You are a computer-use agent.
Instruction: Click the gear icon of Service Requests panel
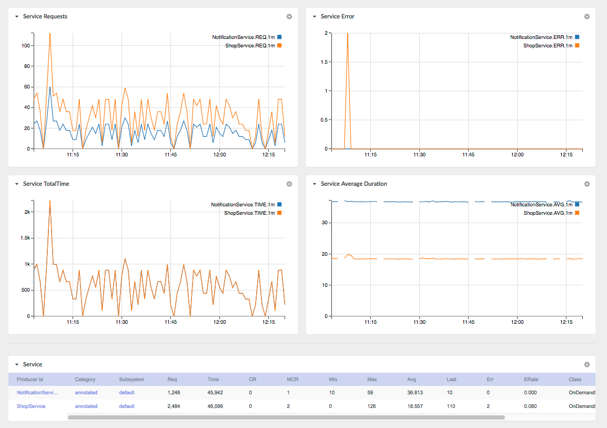pyautogui.click(x=289, y=17)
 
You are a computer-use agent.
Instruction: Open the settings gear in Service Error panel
pyautogui.click(x=587, y=17)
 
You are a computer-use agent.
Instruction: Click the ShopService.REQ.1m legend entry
pyautogui.click(x=253, y=46)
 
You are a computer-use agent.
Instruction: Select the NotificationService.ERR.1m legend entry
pyautogui.click(x=544, y=37)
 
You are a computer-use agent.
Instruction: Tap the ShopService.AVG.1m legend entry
pyautogui.click(x=551, y=213)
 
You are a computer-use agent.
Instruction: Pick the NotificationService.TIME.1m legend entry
pyautogui.click(x=246, y=204)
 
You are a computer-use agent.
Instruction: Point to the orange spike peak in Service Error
pyautogui.click(x=348, y=34)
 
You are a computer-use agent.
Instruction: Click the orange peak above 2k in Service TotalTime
pyautogui.click(x=50, y=202)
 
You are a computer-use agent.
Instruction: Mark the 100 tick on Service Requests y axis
pyautogui.click(x=26, y=46)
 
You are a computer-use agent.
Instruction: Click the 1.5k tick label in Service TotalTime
pyautogui.click(x=25, y=238)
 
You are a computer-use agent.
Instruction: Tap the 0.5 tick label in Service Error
pyautogui.click(x=324, y=120)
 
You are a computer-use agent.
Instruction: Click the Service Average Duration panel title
pyautogui.click(x=354, y=184)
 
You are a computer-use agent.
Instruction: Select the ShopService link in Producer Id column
pyautogui.click(x=31, y=406)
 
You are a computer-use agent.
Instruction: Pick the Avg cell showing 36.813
pyautogui.click(x=415, y=392)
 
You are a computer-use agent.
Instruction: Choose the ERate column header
pyautogui.click(x=531, y=380)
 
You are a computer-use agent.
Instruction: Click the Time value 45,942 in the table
pyautogui.click(x=215, y=392)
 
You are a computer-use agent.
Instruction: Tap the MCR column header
pyautogui.click(x=292, y=380)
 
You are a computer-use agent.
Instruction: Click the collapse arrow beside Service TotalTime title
pyautogui.click(x=17, y=184)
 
